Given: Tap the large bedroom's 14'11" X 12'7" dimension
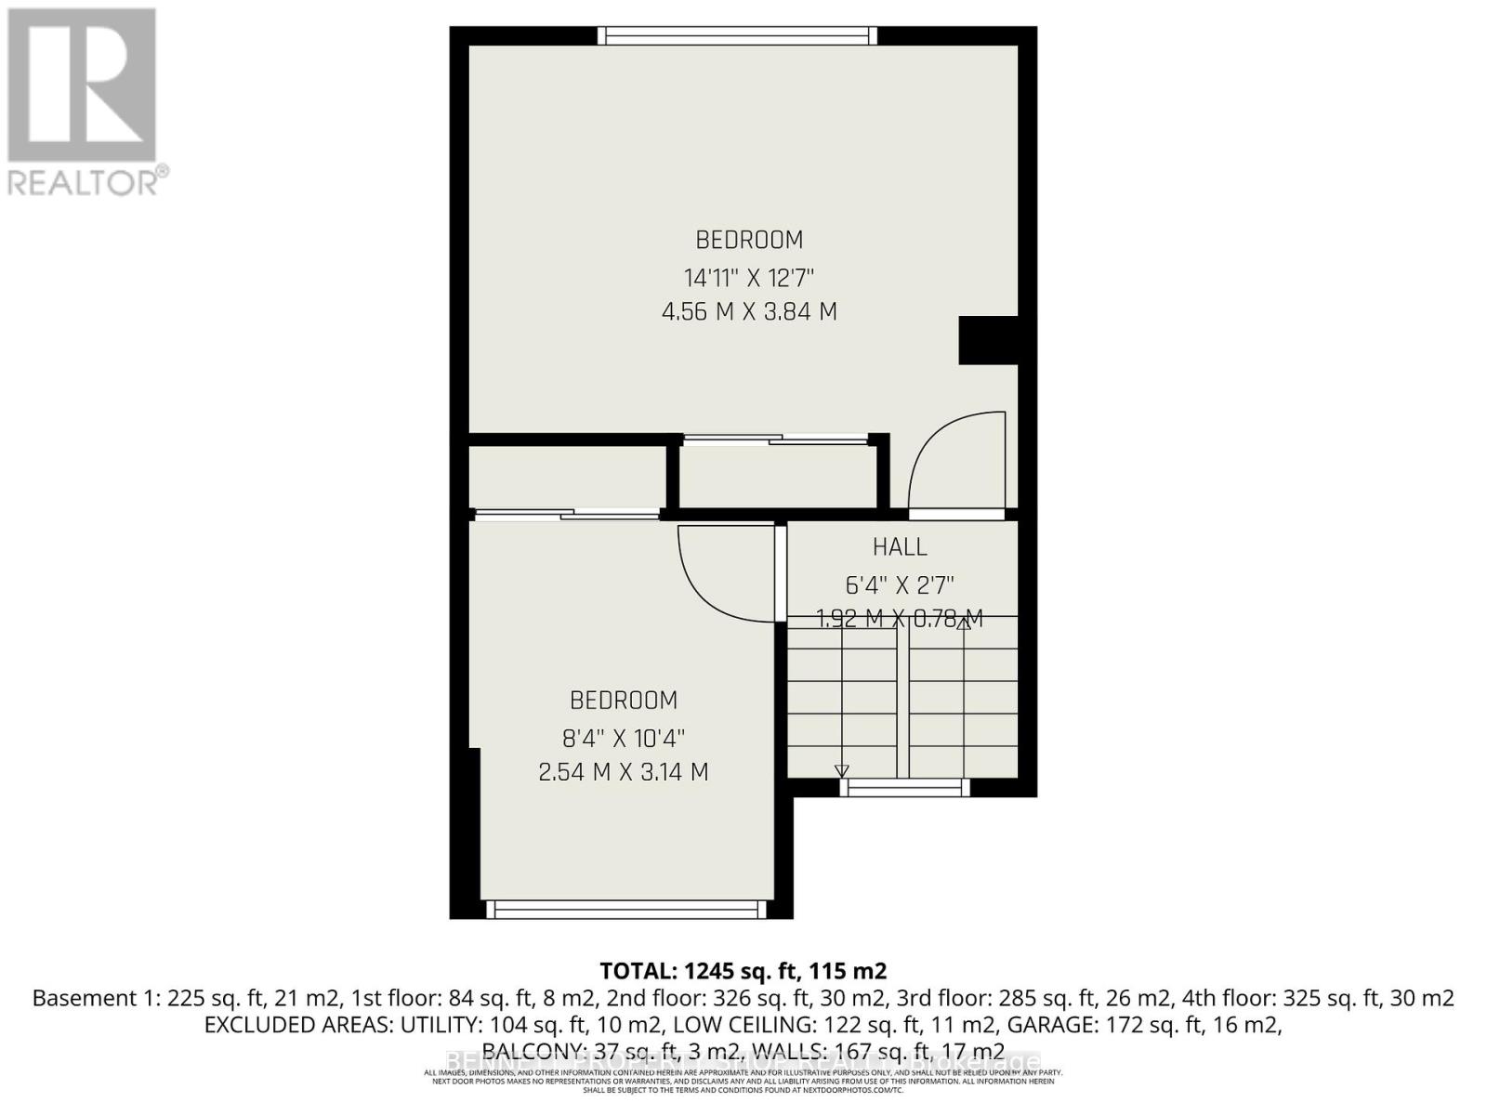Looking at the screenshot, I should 749,278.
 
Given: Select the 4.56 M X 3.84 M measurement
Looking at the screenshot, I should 749,311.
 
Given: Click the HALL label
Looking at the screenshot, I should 900,547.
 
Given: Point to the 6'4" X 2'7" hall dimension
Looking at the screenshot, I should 900,585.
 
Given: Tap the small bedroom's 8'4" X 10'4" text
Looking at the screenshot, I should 624,739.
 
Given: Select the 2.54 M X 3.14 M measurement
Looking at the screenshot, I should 624,772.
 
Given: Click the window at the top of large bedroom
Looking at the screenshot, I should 737,35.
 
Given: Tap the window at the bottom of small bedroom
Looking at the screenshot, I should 627,910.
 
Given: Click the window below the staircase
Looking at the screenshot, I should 905,788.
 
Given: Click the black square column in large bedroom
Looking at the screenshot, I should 989,340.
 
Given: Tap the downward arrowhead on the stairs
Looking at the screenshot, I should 841,770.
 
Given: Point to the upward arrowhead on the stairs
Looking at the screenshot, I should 964,623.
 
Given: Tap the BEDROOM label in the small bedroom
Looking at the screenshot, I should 624,700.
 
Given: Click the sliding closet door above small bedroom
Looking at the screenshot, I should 567,513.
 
